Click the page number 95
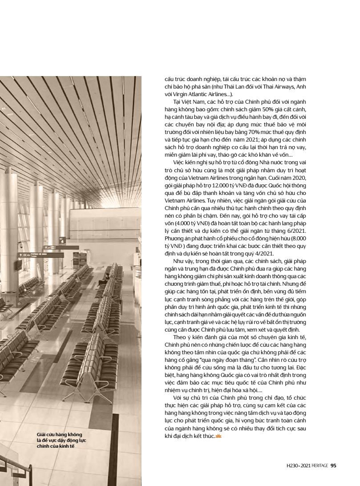tap(333, 466)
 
